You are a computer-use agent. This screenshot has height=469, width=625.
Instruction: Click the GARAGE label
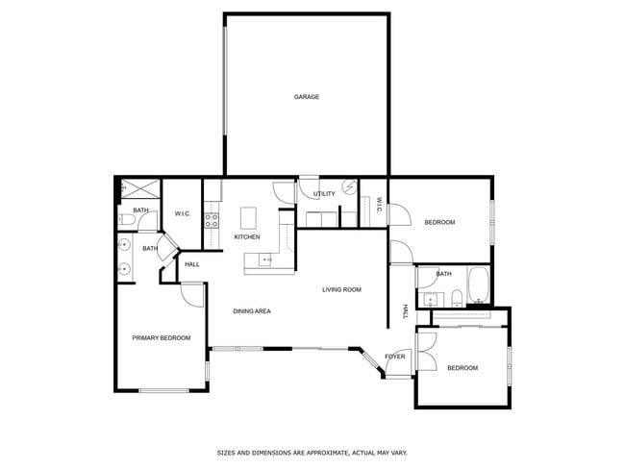tap(307, 97)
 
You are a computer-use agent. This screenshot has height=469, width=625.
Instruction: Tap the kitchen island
tap(249, 215)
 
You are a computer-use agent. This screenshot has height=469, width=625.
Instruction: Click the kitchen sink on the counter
tap(266, 259)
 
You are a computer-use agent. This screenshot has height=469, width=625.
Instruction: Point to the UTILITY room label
tap(325, 194)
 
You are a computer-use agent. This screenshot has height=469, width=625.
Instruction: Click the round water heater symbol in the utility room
tap(350, 187)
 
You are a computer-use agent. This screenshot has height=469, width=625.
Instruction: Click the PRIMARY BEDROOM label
tap(161, 338)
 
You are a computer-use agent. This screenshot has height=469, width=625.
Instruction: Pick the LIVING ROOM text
tap(341, 289)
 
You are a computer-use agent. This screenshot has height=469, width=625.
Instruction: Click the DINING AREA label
tap(252, 311)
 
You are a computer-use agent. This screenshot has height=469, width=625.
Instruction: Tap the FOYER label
tap(395, 357)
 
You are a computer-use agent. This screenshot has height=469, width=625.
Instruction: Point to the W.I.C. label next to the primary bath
tap(183, 213)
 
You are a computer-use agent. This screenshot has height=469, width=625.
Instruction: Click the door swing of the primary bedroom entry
tap(192, 295)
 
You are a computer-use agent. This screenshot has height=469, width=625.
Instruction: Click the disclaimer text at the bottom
tap(312, 452)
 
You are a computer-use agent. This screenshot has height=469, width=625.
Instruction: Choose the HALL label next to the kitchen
tap(191, 264)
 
